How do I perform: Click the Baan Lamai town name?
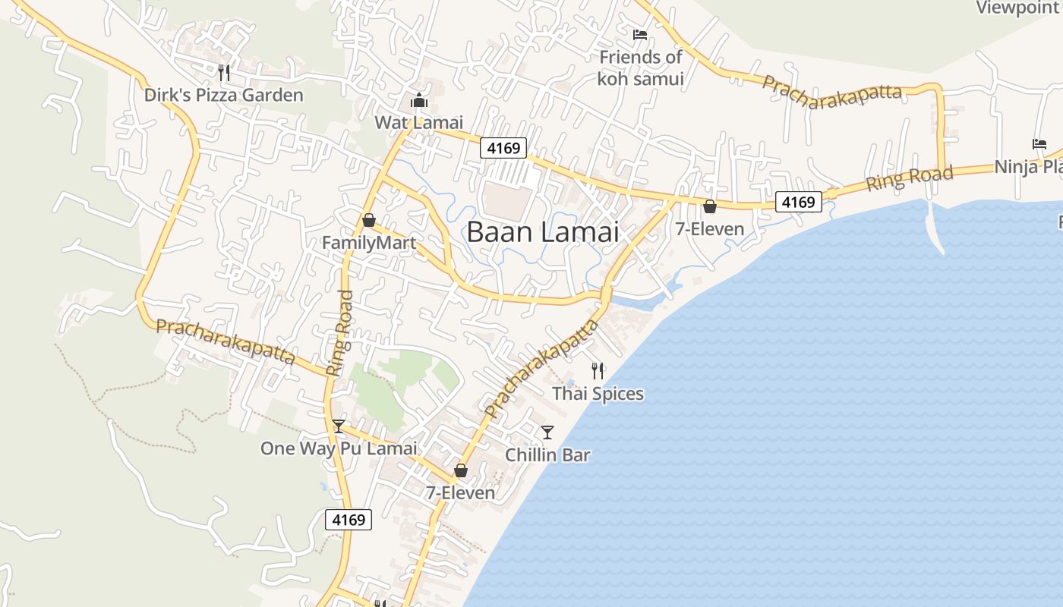(x=543, y=232)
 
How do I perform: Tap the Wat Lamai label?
(x=418, y=122)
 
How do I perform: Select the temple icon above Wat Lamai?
(x=418, y=100)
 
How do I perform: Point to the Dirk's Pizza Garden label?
(x=224, y=95)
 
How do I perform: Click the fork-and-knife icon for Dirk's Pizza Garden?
(x=224, y=73)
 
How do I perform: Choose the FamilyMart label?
(x=369, y=243)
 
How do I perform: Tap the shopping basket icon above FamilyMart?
(x=369, y=220)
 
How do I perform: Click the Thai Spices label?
(x=598, y=394)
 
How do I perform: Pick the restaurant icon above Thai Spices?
(x=598, y=371)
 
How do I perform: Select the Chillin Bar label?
(x=547, y=455)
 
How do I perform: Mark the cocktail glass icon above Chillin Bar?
(x=547, y=432)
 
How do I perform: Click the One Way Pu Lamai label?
(x=339, y=448)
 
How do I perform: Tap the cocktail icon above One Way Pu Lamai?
(x=339, y=426)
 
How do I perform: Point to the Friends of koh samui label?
(x=640, y=68)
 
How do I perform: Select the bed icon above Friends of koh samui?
(x=640, y=35)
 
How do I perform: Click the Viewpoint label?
(x=1017, y=8)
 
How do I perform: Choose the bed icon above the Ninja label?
(x=1039, y=144)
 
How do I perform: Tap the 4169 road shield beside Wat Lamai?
(x=503, y=148)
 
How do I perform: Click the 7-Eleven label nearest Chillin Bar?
(x=460, y=493)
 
